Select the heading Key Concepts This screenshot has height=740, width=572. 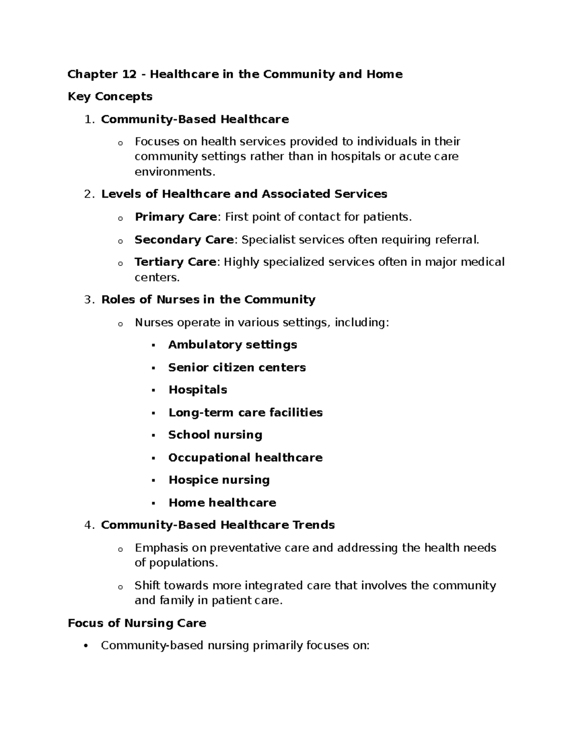pyautogui.click(x=110, y=97)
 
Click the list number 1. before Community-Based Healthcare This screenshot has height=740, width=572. pyautogui.click(x=89, y=120)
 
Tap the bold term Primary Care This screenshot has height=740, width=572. pyautogui.click(x=176, y=217)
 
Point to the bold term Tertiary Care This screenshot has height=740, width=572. pyautogui.click(x=175, y=262)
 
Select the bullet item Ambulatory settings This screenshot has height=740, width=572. pyautogui.click(x=233, y=345)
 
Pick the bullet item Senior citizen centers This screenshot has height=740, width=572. pyautogui.click(x=237, y=367)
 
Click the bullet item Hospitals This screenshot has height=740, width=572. pyautogui.click(x=198, y=390)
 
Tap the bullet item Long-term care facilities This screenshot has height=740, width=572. pyautogui.click(x=245, y=413)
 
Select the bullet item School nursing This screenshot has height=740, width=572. pyautogui.click(x=215, y=435)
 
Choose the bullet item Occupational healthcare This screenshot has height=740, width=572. pyautogui.click(x=245, y=458)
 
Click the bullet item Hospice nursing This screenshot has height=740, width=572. pyautogui.click(x=219, y=480)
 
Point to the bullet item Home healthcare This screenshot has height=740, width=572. pyautogui.click(x=223, y=503)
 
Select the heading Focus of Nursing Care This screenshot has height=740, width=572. pyautogui.click(x=137, y=623)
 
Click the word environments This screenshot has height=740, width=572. pyautogui.click(x=174, y=172)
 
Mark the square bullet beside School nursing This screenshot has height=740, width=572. pyautogui.click(x=153, y=436)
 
